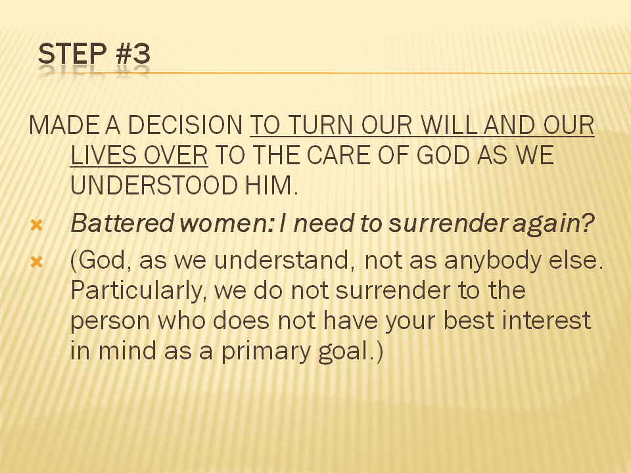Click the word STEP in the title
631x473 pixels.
tap(72, 53)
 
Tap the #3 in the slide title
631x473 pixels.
tap(133, 53)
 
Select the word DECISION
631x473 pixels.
tap(185, 125)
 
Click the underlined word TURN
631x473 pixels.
tap(321, 125)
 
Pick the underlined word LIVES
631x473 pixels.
tap(103, 155)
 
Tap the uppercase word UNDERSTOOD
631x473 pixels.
tap(154, 185)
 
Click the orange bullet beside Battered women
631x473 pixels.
tap(36, 225)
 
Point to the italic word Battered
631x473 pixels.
tap(122, 223)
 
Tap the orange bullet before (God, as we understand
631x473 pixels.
tap(36, 262)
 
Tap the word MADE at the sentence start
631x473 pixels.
tap(64, 125)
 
